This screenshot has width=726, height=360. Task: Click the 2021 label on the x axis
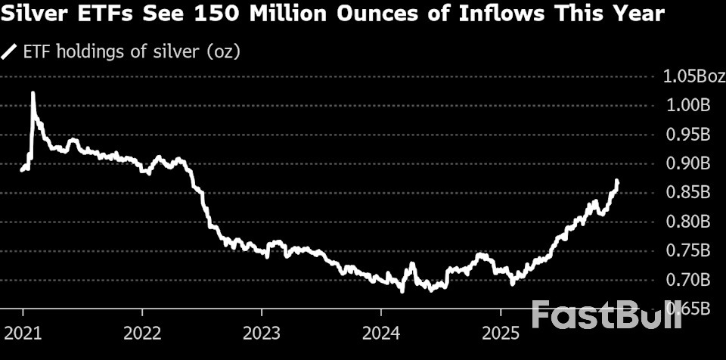click(23, 333)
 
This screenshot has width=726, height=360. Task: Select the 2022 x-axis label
click(141, 333)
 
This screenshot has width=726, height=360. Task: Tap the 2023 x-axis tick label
click(261, 333)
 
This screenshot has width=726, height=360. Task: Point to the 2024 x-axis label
click(380, 333)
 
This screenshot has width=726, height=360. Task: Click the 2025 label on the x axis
click(499, 333)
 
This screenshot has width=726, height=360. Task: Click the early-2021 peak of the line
click(33, 94)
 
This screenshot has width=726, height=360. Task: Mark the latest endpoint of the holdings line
click(618, 182)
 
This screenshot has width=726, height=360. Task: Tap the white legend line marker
click(10, 52)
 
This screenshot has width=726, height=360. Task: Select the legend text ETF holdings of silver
click(133, 52)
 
